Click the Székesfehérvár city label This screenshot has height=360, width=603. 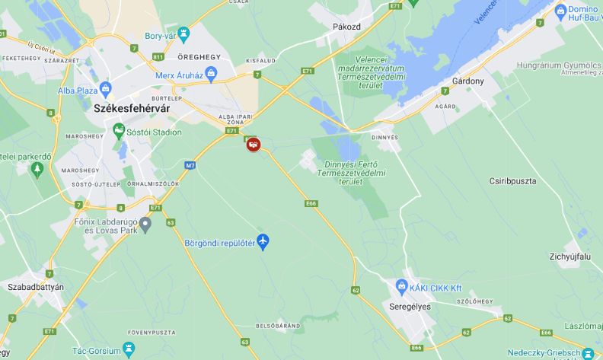click(x=131, y=109)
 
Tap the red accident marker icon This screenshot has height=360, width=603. click(x=253, y=144)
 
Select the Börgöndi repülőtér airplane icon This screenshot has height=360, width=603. click(x=263, y=242)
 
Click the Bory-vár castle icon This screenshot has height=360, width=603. click(x=183, y=35)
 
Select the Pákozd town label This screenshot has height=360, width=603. click(x=346, y=27)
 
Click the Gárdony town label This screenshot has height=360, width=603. click(x=467, y=81)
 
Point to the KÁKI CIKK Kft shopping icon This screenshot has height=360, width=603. click(x=402, y=287)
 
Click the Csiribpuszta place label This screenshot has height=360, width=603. click(x=512, y=181)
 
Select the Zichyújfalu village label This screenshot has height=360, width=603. click(x=569, y=257)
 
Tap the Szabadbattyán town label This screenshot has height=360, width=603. click(x=36, y=287)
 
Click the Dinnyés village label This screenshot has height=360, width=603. click(x=384, y=137)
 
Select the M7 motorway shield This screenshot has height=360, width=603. click(x=190, y=165)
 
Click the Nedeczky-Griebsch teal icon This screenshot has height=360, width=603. click(x=587, y=354)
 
